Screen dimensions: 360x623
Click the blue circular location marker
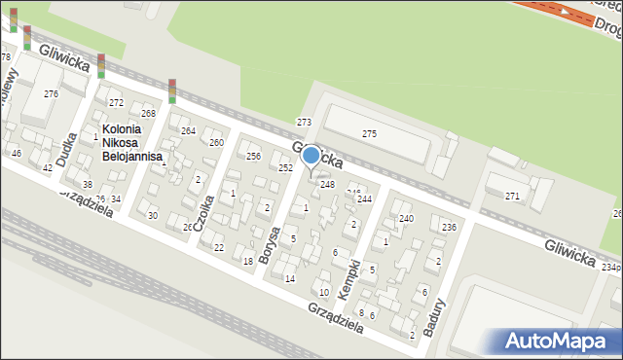(x=311, y=155)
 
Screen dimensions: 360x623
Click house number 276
(x=51, y=94)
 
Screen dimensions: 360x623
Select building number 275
(x=369, y=133)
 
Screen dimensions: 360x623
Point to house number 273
(x=304, y=123)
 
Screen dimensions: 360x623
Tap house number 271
(x=512, y=197)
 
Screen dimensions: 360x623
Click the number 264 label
(x=188, y=131)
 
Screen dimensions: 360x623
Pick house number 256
(x=253, y=157)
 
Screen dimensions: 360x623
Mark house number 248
(x=328, y=185)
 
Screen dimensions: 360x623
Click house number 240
(x=406, y=219)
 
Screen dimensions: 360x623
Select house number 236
(x=448, y=228)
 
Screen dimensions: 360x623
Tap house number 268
(x=148, y=114)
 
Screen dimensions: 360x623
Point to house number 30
(x=153, y=215)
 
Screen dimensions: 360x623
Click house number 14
(x=289, y=279)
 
